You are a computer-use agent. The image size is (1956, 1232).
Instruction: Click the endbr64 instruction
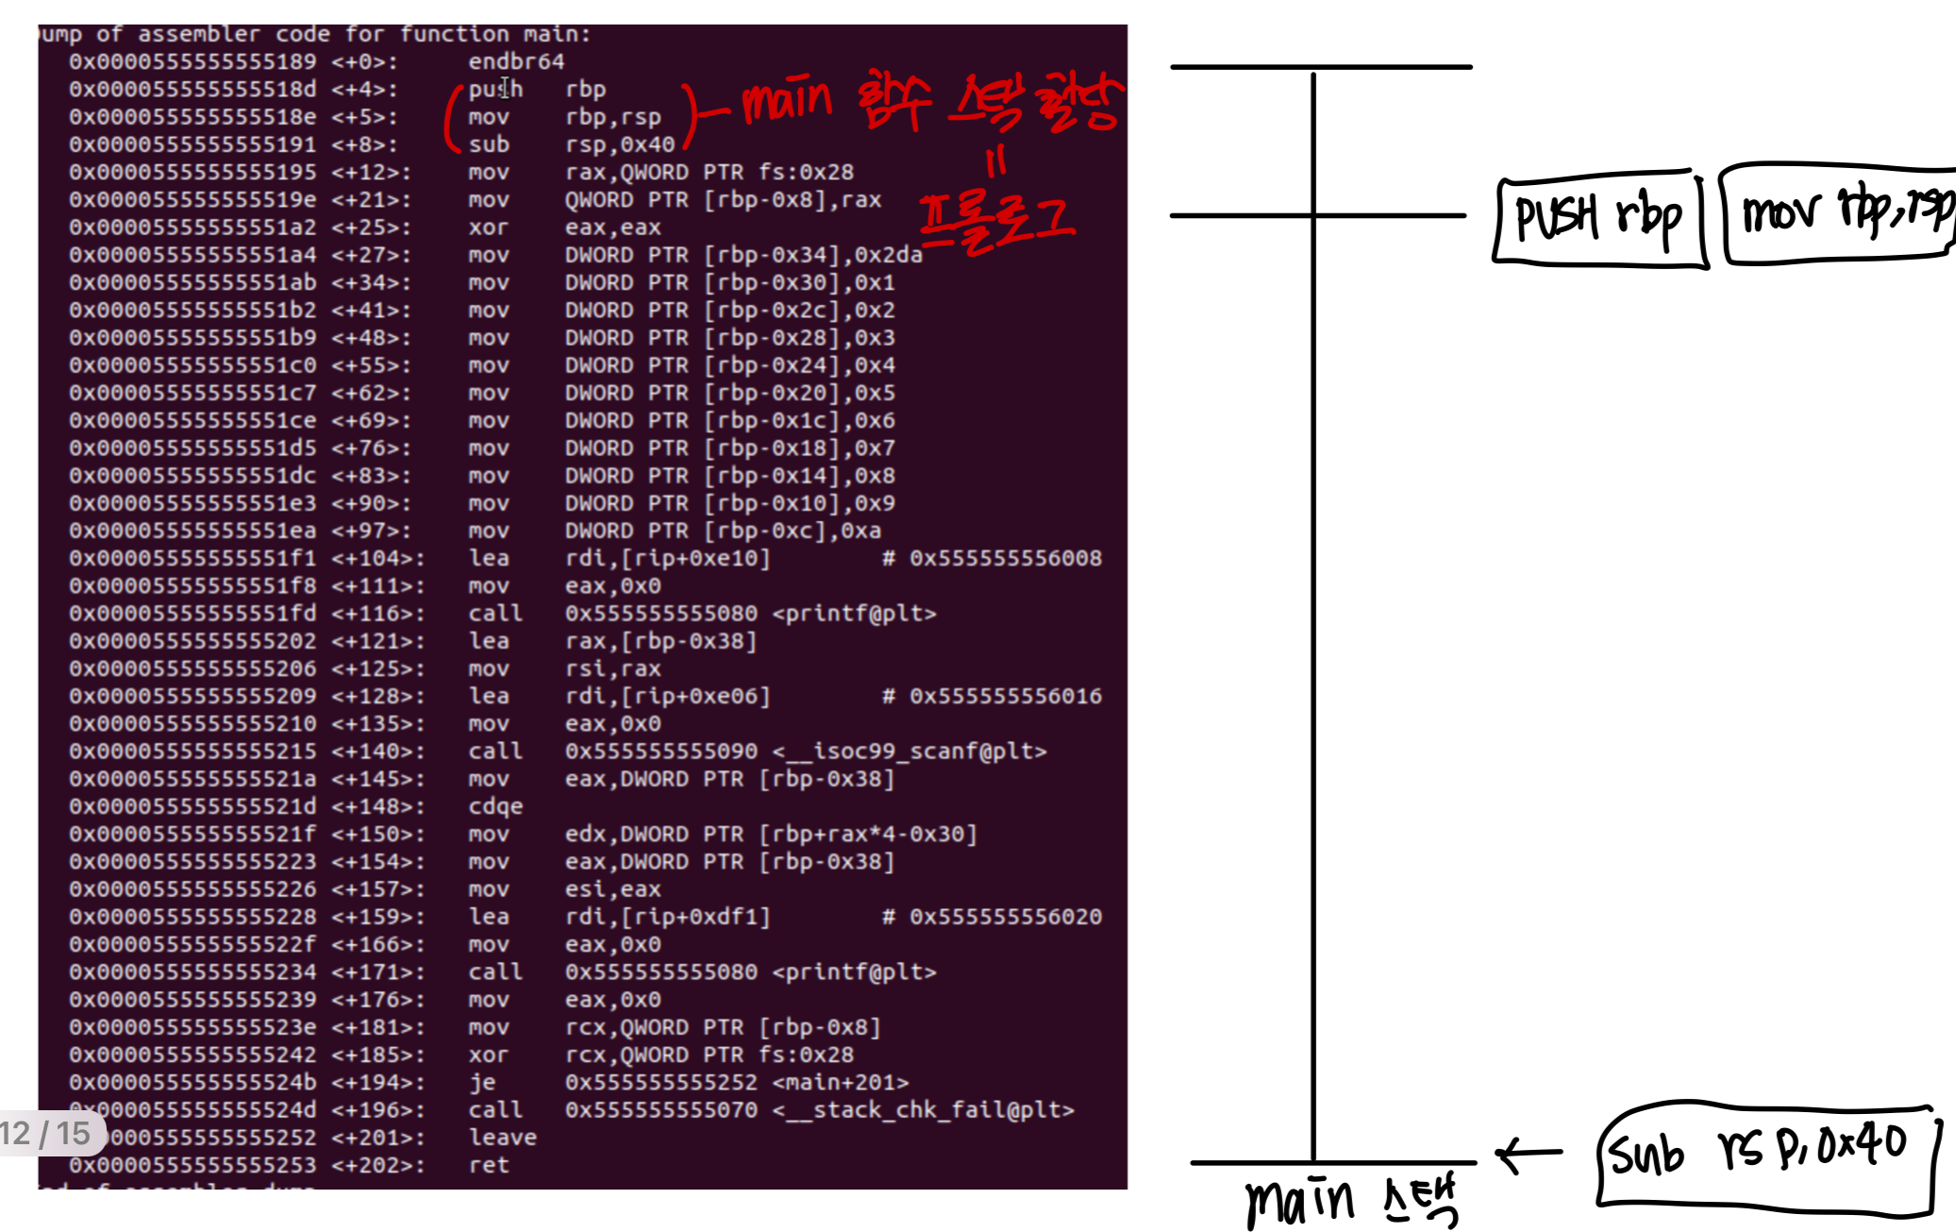click(x=515, y=61)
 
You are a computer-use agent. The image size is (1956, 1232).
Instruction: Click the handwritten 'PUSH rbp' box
click(x=1599, y=218)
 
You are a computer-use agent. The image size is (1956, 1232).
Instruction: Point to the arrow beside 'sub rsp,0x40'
click(x=1529, y=1153)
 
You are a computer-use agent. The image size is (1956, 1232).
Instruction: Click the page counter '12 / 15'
click(x=47, y=1133)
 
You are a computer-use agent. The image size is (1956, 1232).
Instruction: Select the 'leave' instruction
click(x=502, y=1138)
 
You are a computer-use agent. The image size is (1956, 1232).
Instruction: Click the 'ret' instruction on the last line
click(x=489, y=1165)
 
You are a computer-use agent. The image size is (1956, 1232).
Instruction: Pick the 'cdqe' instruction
click(x=495, y=807)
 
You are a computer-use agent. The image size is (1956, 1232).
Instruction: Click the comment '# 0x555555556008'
click(x=992, y=558)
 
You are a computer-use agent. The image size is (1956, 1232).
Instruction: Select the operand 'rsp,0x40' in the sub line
click(x=620, y=144)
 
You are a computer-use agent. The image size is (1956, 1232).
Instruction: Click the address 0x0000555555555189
click(x=192, y=61)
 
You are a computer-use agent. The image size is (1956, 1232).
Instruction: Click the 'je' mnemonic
click(x=481, y=1083)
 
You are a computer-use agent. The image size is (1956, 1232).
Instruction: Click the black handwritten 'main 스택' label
click(x=1349, y=1201)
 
